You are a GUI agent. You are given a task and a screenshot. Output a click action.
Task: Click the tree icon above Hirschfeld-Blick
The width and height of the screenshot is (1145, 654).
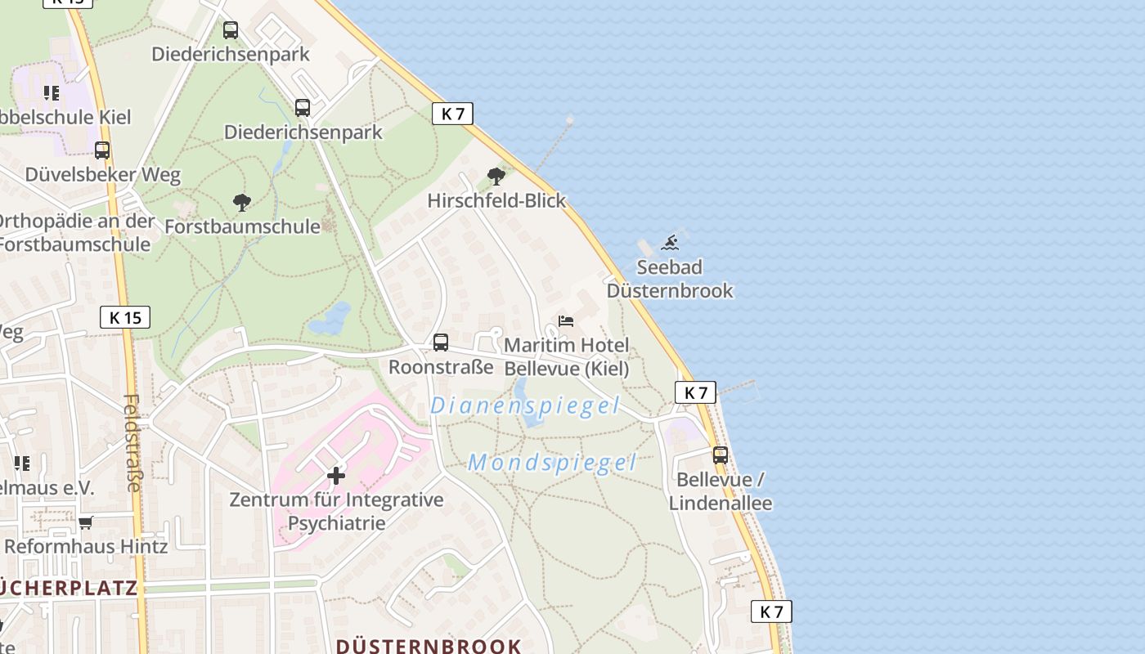click(496, 176)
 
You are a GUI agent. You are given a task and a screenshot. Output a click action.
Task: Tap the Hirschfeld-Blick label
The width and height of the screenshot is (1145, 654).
click(496, 200)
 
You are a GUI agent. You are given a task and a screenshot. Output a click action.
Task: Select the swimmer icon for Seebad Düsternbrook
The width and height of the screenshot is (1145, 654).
click(671, 242)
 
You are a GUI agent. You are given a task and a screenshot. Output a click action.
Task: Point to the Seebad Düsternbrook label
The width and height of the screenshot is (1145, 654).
click(670, 279)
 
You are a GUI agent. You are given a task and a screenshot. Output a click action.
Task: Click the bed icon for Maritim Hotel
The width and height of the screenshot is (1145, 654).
click(566, 321)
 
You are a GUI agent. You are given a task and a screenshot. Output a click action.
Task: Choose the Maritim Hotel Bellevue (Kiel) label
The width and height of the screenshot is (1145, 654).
click(567, 356)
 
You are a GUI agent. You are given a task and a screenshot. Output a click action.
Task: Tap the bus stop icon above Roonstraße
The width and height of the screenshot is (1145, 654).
click(441, 343)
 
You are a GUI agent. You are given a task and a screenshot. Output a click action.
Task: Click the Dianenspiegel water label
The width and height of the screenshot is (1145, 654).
click(525, 405)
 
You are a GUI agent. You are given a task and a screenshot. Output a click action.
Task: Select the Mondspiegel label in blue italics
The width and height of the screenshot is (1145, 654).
click(552, 463)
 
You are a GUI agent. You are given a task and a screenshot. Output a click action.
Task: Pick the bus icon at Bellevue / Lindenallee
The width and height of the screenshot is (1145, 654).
click(720, 455)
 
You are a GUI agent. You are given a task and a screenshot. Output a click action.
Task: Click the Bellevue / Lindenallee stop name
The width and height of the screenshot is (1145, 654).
click(721, 490)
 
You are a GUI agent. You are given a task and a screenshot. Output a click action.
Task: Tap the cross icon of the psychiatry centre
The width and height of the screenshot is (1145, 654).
click(335, 475)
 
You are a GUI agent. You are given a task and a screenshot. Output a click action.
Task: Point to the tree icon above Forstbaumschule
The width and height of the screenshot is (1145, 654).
click(241, 202)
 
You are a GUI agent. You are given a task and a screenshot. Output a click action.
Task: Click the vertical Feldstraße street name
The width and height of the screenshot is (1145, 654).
click(132, 443)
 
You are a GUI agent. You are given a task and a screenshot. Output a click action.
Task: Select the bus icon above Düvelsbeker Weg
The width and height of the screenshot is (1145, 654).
click(102, 150)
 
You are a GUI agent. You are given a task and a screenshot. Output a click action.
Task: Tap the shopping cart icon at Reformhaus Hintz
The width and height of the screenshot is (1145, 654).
click(86, 522)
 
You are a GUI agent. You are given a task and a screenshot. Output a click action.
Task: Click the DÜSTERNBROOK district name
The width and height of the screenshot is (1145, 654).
click(429, 646)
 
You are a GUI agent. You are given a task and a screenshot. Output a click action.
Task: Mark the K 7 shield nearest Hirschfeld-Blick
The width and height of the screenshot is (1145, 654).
click(452, 114)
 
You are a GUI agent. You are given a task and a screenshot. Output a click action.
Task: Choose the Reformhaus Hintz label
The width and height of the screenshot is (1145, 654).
click(86, 545)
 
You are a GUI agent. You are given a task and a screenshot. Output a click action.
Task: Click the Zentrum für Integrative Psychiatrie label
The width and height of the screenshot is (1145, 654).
click(336, 511)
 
